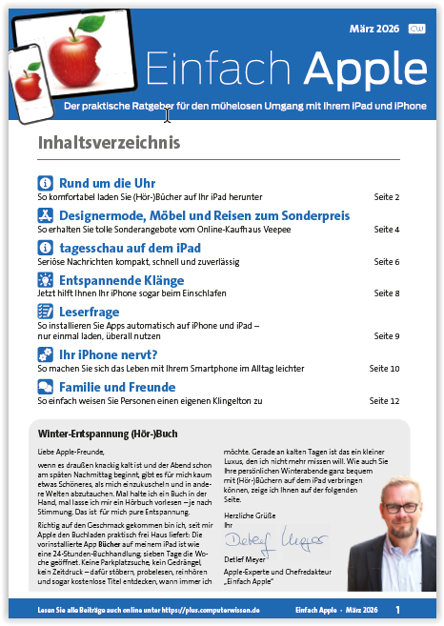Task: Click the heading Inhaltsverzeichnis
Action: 108,143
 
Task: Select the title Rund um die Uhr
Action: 108,182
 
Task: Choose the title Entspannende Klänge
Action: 121,279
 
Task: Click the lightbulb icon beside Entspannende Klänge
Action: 45,279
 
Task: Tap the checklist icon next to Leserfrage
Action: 45,311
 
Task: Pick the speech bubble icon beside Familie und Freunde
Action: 45,387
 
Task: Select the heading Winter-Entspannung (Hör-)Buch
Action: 101,434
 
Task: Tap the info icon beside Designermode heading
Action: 45,216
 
